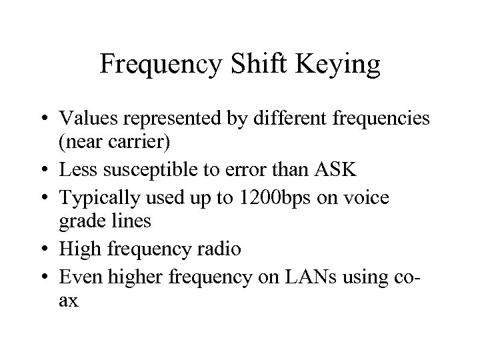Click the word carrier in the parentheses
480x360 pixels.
point(118,143)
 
